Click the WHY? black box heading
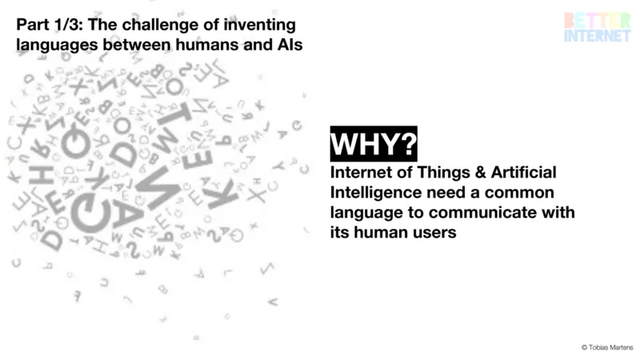[x=374, y=144]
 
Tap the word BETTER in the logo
[x=598, y=21]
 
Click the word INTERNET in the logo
[x=598, y=35]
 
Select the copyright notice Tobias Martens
[x=607, y=347]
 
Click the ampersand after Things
[x=481, y=172]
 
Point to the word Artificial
[x=523, y=172]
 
